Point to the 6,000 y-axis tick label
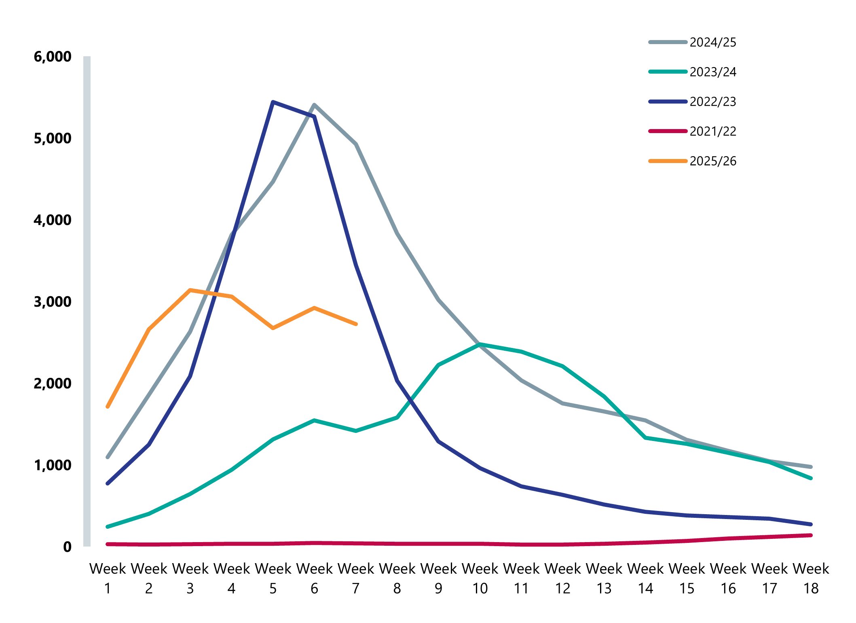[53, 57]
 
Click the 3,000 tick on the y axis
[53, 302]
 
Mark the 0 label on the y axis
[67, 547]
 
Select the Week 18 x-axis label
[811, 578]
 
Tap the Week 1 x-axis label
[108, 578]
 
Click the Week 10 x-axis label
[480, 578]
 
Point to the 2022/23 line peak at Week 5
[273, 102]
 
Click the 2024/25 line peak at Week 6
[314, 105]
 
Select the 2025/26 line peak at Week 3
[190, 290]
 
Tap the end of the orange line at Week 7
[356, 324]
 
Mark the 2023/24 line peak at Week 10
[480, 344]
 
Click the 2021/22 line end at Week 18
[811, 535]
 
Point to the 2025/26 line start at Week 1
[108, 407]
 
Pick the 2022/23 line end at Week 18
[811, 524]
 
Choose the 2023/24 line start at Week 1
[108, 527]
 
